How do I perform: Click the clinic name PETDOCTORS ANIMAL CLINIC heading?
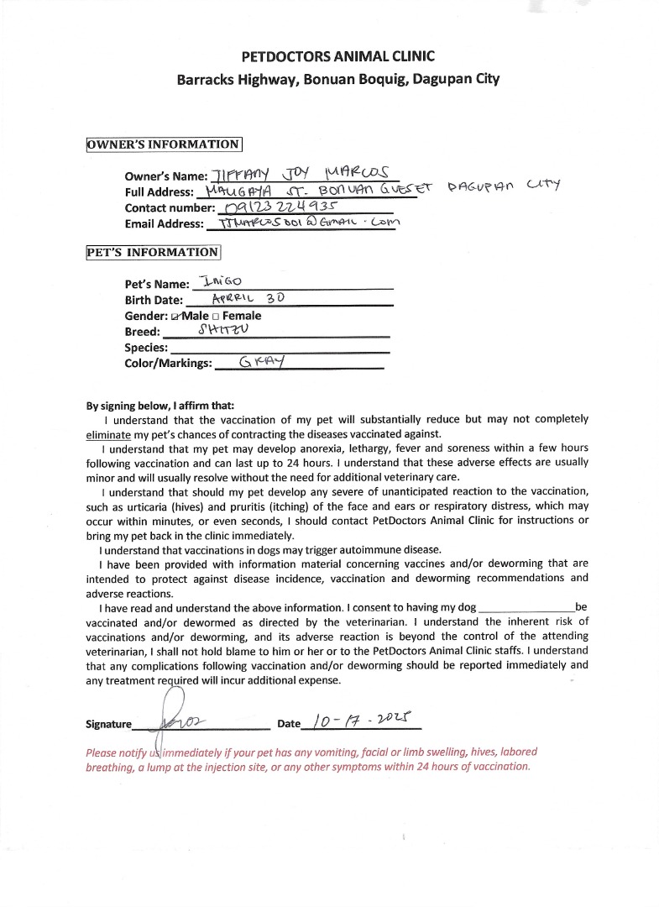337,57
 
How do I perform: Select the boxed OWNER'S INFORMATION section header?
164,144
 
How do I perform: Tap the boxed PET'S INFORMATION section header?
153,252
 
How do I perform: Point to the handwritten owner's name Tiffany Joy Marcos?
301,175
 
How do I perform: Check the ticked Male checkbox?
175,317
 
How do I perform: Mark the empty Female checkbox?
215,317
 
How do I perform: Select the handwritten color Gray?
263,363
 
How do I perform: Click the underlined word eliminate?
108,434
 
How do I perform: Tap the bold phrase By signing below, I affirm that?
160,404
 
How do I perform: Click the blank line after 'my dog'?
526,608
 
